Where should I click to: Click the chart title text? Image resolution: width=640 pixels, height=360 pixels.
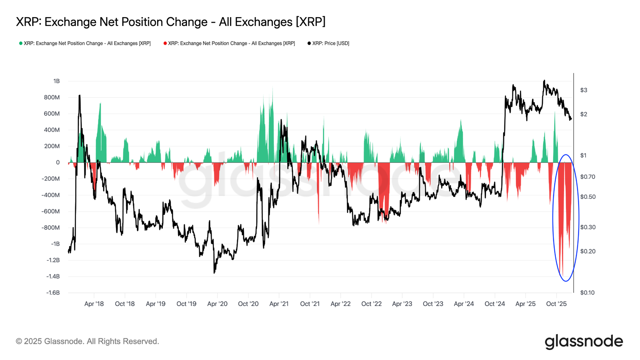pyautogui.click(x=170, y=22)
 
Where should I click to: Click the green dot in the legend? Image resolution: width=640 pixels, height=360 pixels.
pyautogui.click(x=20, y=44)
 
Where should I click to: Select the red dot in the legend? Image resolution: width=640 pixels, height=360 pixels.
pyautogui.click(x=165, y=44)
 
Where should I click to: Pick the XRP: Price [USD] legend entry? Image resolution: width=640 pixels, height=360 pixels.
pyautogui.click(x=328, y=44)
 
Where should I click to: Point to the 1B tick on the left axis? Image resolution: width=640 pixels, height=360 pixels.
pyautogui.click(x=56, y=81)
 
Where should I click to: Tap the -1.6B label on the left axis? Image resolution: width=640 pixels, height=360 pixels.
pyautogui.click(x=53, y=292)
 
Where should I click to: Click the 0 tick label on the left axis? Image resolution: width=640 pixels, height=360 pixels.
pyautogui.click(x=58, y=162)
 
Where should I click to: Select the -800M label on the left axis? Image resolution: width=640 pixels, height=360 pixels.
pyautogui.click(x=50, y=228)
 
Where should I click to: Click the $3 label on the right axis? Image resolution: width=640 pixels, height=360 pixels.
pyautogui.click(x=584, y=90)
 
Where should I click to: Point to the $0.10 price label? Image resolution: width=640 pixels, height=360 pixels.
pyautogui.click(x=588, y=292)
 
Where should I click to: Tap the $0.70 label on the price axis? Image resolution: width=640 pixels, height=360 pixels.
pyautogui.click(x=588, y=177)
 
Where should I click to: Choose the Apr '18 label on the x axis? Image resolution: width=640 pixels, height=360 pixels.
pyautogui.click(x=94, y=304)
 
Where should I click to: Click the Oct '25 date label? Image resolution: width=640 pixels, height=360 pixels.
pyautogui.click(x=556, y=304)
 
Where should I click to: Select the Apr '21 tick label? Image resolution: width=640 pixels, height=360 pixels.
pyautogui.click(x=279, y=304)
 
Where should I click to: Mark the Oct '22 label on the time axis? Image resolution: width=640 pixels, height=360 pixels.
pyautogui.click(x=372, y=304)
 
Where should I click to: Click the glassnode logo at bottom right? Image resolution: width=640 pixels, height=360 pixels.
pyautogui.click(x=584, y=342)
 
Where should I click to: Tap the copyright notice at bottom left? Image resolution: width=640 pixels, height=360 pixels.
pyautogui.click(x=88, y=342)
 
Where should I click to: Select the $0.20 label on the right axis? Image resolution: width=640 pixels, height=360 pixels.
pyautogui.click(x=588, y=252)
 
